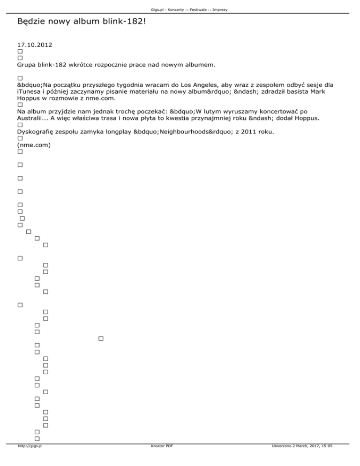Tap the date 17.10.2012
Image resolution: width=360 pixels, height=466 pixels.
34,45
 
